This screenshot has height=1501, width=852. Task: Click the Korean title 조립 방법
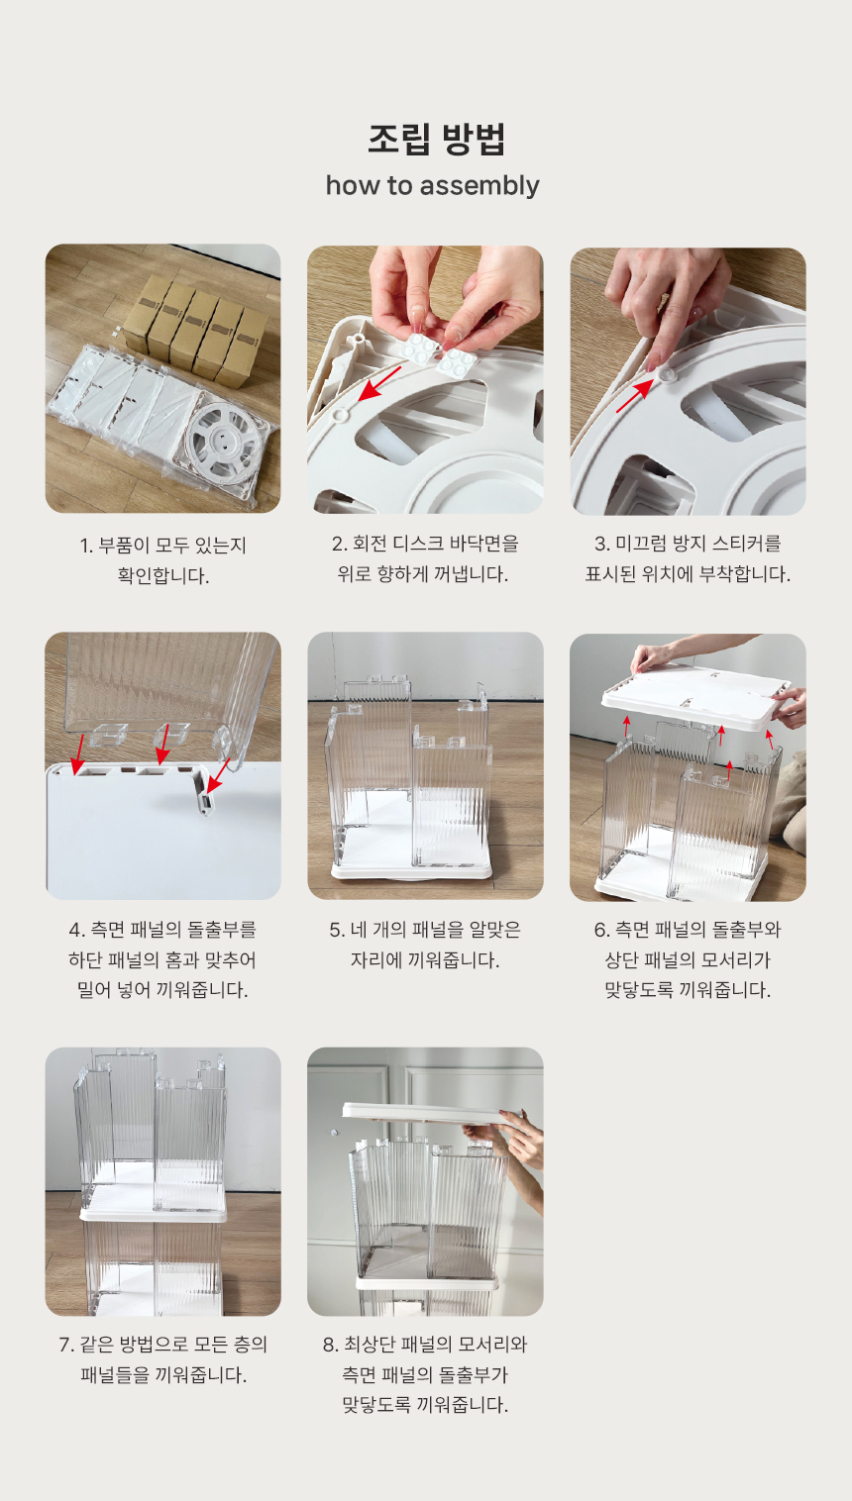click(x=436, y=140)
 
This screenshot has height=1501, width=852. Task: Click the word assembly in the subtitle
click(x=479, y=185)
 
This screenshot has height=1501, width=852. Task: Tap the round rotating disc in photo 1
click(x=225, y=439)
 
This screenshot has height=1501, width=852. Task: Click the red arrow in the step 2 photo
click(x=379, y=383)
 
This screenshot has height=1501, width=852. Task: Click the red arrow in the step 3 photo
click(x=634, y=396)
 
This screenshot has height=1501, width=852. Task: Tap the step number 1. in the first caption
click(x=86, y=547)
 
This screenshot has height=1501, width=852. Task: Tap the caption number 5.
click(x=337, y=930)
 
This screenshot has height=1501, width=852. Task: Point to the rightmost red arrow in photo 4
click(x=219, y=775)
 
